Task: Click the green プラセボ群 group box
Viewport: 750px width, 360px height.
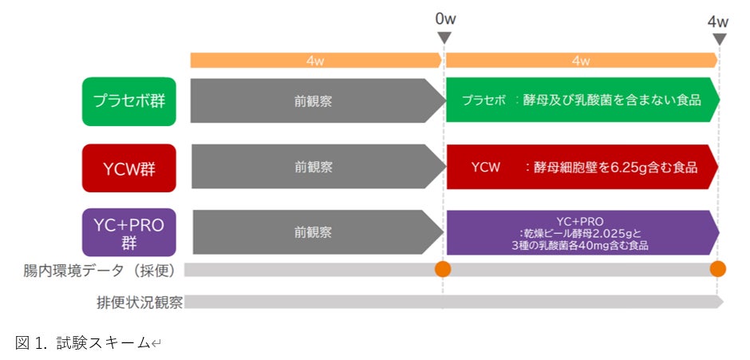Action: click(x=129, y=101)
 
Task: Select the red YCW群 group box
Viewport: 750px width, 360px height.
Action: click(x=129, y=168)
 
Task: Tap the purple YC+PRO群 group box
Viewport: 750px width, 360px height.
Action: click(x=129, y=232)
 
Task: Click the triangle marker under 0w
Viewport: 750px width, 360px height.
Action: click(x=445, y=38)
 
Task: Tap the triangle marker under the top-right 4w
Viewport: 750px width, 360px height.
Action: click(x=720, y=38)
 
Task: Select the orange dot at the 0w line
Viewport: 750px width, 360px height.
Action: click(x=443, y=269)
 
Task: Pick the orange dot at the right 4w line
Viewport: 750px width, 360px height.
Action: click(x=718, y=269)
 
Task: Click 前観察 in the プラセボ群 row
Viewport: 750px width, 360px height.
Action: click(x=314, y=101)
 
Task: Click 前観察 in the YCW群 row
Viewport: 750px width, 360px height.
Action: click(x=314, y=167)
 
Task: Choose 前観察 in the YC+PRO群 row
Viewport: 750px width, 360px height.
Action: click(x=314, y=232)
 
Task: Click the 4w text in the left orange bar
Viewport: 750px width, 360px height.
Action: click(x=314, y=61)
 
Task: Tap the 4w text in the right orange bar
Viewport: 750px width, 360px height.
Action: click(x=580, y=61)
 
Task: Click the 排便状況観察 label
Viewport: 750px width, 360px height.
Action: click(x=138, y=302)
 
